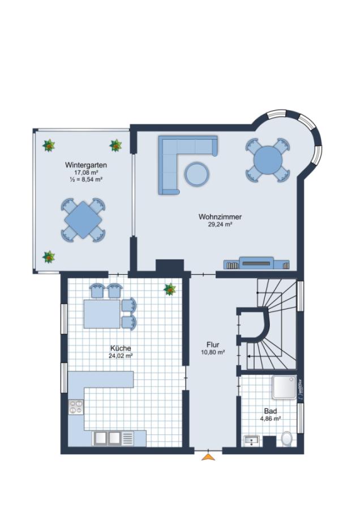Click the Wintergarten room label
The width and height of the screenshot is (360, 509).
[x=86, y=165]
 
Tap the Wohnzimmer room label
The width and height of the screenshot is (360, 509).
[x=220, y=217]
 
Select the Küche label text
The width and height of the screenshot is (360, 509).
[x=120, y=348]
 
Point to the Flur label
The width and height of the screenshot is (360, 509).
[x=213, y=344]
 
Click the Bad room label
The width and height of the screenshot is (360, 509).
[x=271, y=411]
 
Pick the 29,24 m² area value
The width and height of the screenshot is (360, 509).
[x=220, y=224]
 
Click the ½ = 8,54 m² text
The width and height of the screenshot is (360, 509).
[x=86, y=179]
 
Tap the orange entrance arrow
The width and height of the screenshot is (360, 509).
[x=208, y=457]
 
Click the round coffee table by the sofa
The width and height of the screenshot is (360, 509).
[x=197, y=174]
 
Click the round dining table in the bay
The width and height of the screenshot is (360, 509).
[x=268, y=159]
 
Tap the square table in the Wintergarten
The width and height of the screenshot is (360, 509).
[x=83, y=220]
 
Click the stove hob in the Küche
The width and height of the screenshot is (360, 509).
[x=76, y=407]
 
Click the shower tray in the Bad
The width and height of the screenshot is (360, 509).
[x=284, y=387]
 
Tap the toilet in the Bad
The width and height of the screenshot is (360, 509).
[x=286, y=438]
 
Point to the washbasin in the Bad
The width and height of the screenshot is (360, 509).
[x=251, y=441]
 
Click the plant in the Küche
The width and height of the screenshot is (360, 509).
[x=170, y=289]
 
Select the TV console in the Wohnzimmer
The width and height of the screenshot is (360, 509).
[x=256, y=263]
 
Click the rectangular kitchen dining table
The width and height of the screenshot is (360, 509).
[x=102, y=314]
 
